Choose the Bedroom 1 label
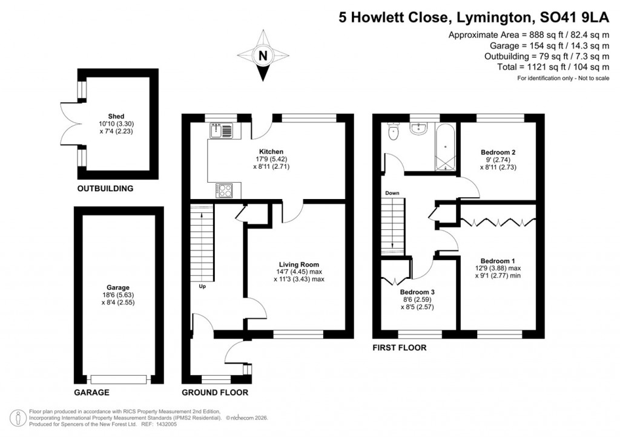[x=498, y=260]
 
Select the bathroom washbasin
[x=419, y=128]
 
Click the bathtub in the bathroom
[x=445, y=147]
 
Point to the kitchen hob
[x=223, y=190]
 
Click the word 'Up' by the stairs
[x=202, y=286]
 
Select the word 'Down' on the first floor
[x=392, y=193]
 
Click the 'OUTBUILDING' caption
[x=105, y=189]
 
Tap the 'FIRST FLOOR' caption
[x=399, y=348]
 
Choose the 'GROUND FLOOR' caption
[x=215, y=393]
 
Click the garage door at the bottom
[x=119, y=379]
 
